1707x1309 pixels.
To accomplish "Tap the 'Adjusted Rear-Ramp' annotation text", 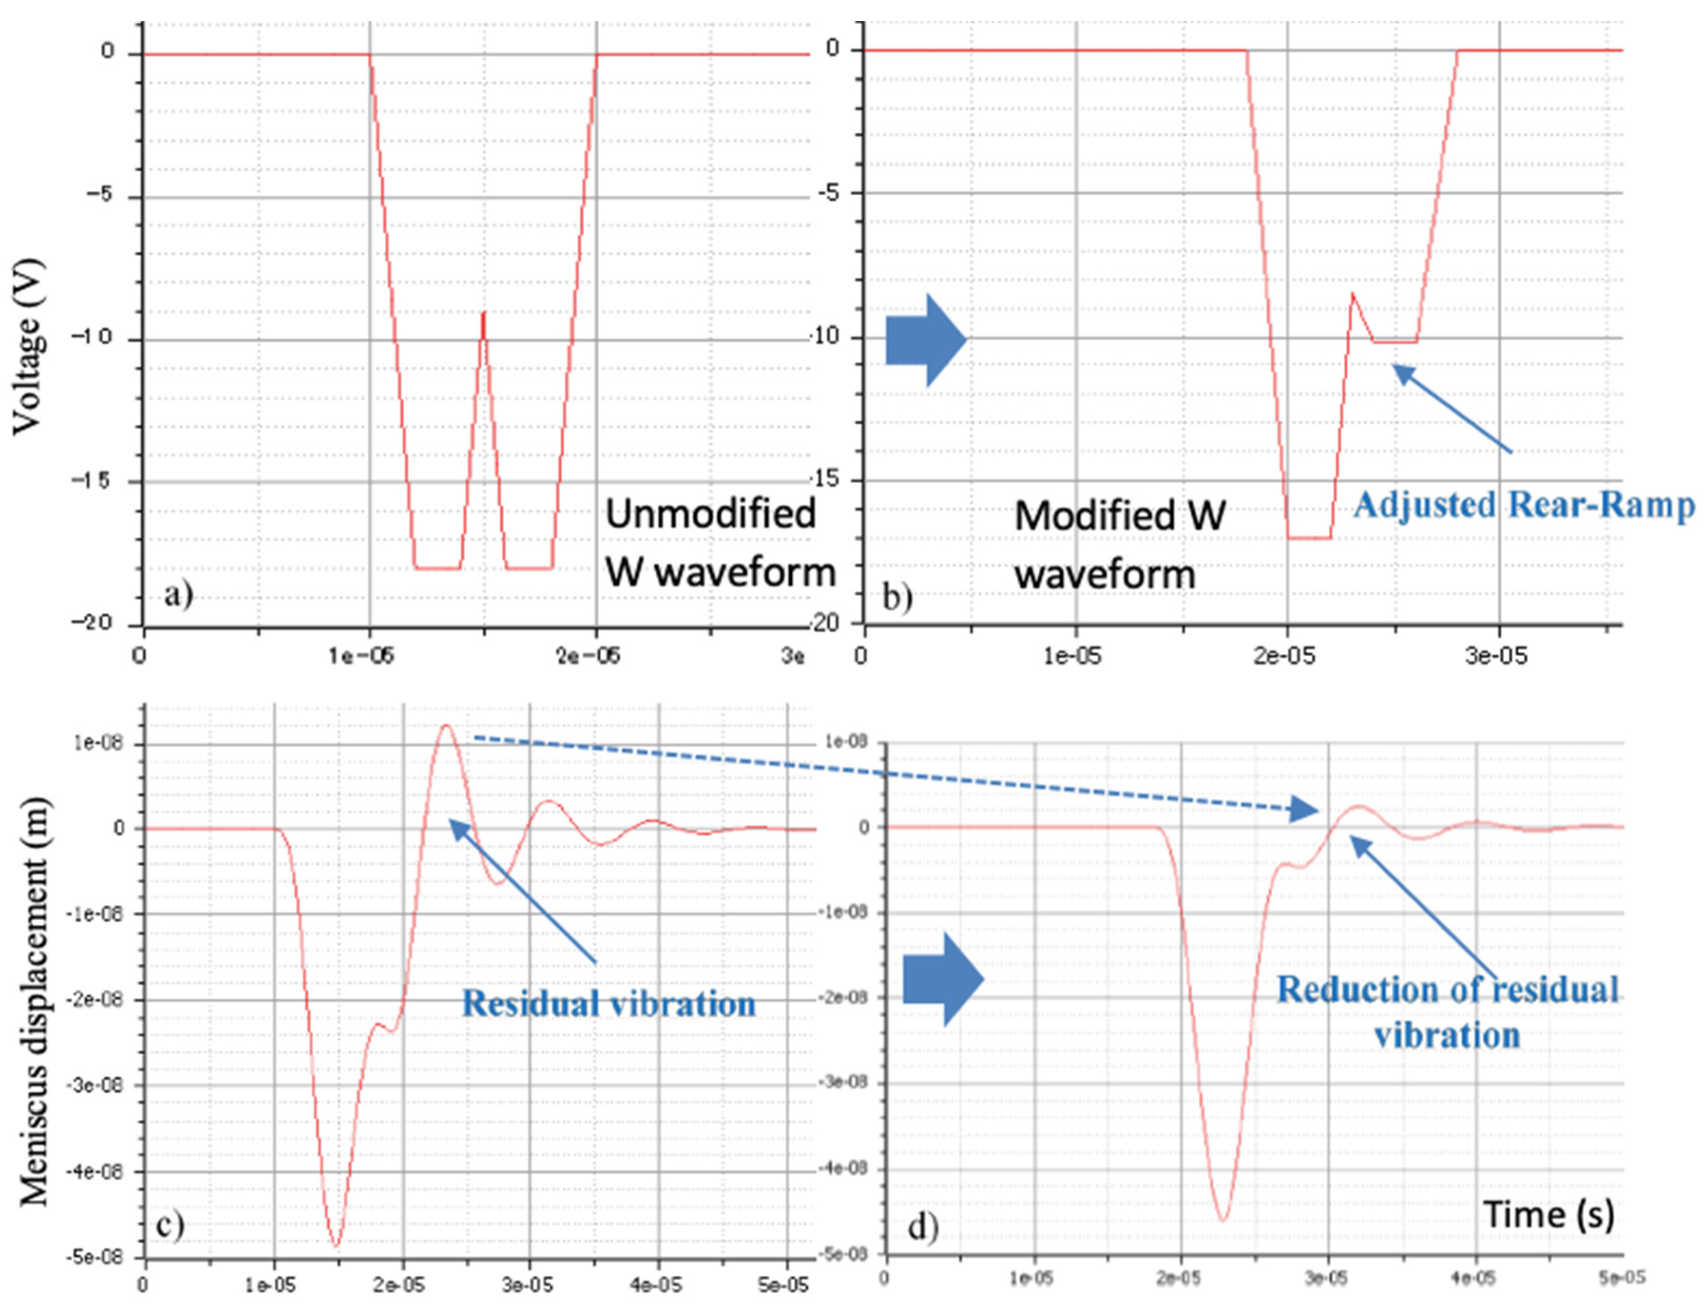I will tap(1523, 505).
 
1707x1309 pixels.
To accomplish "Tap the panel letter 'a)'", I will tap(178, 596).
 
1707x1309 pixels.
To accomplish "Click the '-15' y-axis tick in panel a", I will tap(91, 481).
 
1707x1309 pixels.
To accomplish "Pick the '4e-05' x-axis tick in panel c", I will tap(657, 1284).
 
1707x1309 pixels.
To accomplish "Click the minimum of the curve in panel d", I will tap(1222, 1220).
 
